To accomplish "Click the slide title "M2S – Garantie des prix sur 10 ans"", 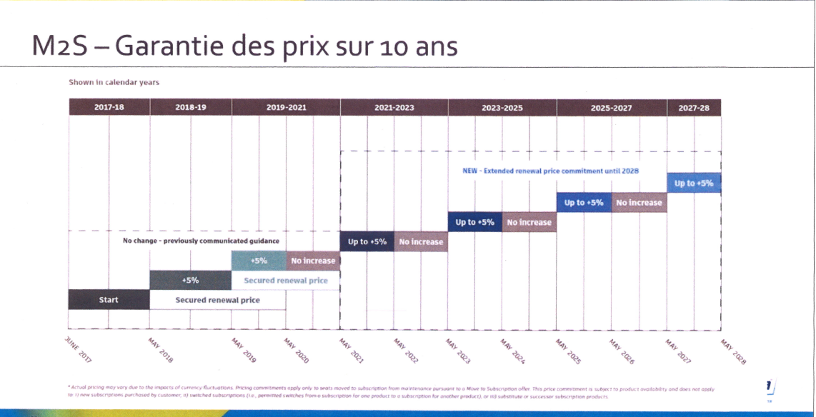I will (x=244, y=46).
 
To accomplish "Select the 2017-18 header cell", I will (x=109, y=107).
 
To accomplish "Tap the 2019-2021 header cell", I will (x=286, y=107).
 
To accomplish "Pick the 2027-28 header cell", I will (x=694, y=107).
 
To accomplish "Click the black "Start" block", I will (x=109, y=300).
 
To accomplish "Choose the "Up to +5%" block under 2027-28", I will (x=694, y=184).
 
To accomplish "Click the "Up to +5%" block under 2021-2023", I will (x=367, y=242).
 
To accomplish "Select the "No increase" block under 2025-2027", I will (x=639, y=203).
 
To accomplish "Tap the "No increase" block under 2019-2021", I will (x=313, y=261).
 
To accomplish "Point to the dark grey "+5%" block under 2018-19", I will (x=190, y=281).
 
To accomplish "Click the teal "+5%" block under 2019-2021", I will (x=259, y=261).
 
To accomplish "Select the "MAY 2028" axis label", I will (x=732, y=351).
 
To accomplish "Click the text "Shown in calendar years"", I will (x=114, y=82).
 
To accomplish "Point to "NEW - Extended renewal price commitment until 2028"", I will (x=550, y=171).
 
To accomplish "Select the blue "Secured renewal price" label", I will (x=286, y=281).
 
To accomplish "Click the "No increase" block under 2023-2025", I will (x=529, y=223).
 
